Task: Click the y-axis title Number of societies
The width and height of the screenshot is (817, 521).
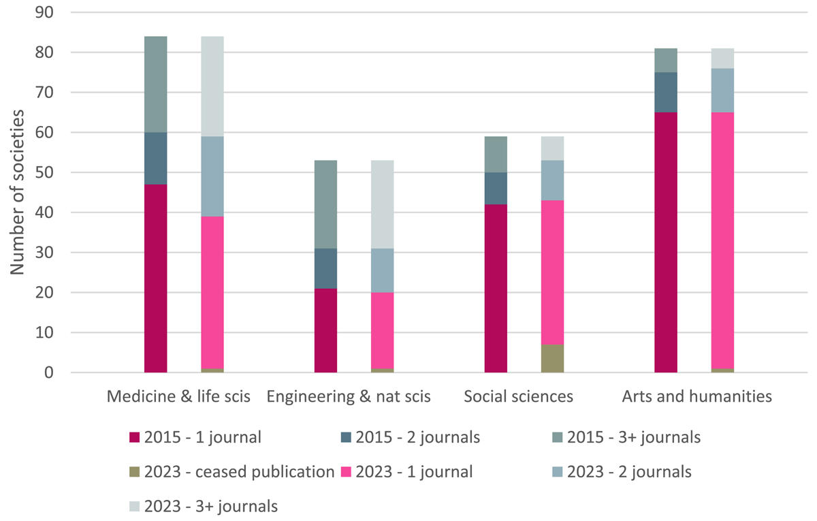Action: pyautogui.click(x=18, y=193)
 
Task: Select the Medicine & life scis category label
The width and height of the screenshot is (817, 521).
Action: pyautogui.click(x=179, y=396)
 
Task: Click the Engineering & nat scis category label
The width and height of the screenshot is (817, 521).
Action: pyautogui.click(x=349, y=396)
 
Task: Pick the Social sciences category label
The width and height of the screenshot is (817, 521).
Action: pyautogui.click(x=519, y=396)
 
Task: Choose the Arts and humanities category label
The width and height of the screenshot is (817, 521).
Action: pyautogui.click(x=697, y=396)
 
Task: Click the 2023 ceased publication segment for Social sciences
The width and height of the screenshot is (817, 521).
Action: pyautogui.click(x=553, y=359)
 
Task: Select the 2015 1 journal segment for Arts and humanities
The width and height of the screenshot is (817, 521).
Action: pyautogui.click(x=666, y=242)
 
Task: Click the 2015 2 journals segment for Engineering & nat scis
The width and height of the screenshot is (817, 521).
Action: pyautogui.click(x=325, y=269)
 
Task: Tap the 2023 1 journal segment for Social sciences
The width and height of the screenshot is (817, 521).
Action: pyautogui.click(x=553, y=272)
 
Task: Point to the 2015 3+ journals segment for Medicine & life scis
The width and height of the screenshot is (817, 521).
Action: pyautogui.click(x=156, y=84)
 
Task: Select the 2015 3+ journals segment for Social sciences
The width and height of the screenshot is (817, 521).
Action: pyautogui.click(x=496, y=155)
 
